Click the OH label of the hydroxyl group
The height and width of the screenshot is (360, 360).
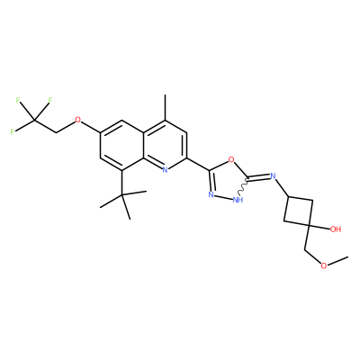click(x=336, y=229)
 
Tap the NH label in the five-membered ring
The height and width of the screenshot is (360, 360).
click(x=238, y=200)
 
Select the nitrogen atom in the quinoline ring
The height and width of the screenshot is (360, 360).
click(x=165, y=170)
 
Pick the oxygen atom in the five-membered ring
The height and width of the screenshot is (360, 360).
click(x=231, y=159)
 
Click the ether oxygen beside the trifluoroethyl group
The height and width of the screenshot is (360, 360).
click(x=77, y=120)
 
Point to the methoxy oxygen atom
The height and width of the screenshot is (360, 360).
click(x=323, y=265)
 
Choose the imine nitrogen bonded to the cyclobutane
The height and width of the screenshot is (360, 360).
click(x=273, y=175)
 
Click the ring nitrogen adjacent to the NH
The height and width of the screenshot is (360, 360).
click(x=211, y=195)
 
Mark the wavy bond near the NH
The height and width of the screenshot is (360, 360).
click(x=243, y=186)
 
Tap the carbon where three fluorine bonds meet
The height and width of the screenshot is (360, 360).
click(x=34, y=120)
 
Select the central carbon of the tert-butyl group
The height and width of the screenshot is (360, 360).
click(x=122, y=195)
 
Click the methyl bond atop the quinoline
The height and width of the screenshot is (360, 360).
click(x=165, y=107)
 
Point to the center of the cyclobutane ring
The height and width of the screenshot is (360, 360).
click(x=299, y=211)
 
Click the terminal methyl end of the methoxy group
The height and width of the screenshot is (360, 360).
click(x=347, y=257)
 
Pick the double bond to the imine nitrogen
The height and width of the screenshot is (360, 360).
click(x=258, y=176)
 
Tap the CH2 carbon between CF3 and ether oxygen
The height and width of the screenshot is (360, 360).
click(x=56, y=132)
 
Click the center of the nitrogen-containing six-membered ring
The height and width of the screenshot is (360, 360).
click(x=165, y=145)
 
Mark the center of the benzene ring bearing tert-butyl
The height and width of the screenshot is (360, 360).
click(x=122, y=145)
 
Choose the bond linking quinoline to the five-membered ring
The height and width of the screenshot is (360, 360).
click(x=198, y=164)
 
